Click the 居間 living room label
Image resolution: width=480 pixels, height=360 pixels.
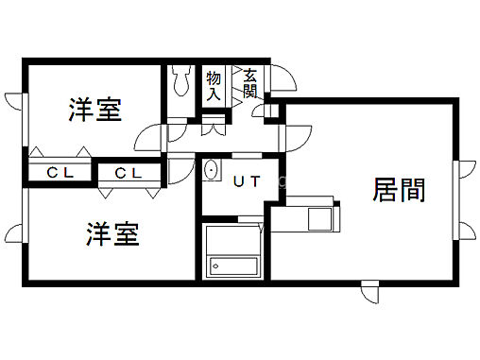coord(399,191)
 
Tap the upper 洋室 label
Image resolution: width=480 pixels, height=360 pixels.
coord(95,111)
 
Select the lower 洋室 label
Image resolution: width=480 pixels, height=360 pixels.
coord(114,233)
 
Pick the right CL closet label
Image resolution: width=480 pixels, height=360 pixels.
coord(128,173)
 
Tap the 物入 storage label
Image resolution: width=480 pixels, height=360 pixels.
coord(214,84)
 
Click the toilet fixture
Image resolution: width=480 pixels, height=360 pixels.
coord(182,83)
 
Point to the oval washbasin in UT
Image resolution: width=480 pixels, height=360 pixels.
coord(211,171)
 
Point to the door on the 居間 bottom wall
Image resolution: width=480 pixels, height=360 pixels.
coord(369,292)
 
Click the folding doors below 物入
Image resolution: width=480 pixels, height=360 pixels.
coord(214,124)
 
